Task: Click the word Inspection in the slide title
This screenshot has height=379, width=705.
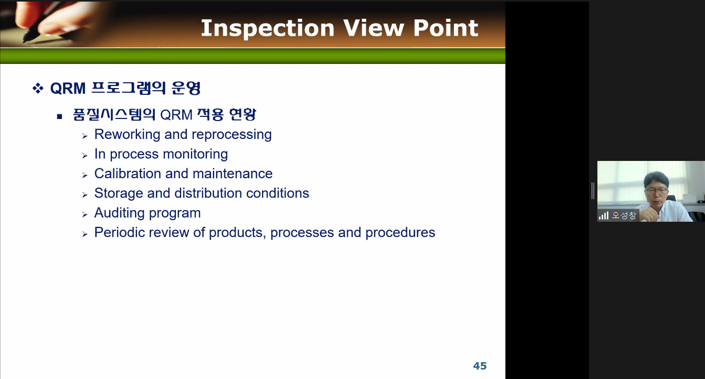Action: point(268,29)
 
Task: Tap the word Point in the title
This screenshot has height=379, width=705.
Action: point(446,28)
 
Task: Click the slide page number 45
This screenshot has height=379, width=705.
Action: point(480,366)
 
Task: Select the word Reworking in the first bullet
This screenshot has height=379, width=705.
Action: point(128,135)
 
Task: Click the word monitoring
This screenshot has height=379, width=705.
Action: point(195,154)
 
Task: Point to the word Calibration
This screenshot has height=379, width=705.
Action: point(128,174)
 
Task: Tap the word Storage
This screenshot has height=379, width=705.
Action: point(119,193)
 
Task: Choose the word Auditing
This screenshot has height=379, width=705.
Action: point(119,213)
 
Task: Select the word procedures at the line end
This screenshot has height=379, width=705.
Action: point(401,233)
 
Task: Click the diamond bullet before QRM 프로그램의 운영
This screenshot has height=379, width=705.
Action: point(38,88)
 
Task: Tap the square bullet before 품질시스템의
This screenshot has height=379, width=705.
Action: point(59,117)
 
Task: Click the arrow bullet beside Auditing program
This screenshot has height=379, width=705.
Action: point(85,214)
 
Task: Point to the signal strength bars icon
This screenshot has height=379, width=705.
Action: point(604,215)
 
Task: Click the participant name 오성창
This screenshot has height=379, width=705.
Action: point(624,215)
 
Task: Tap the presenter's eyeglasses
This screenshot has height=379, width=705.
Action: point(657,191)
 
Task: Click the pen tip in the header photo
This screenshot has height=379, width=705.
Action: point(25,40)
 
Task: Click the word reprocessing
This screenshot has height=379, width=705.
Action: point(232,135)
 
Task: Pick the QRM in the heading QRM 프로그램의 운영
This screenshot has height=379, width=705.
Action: point(68,88)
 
